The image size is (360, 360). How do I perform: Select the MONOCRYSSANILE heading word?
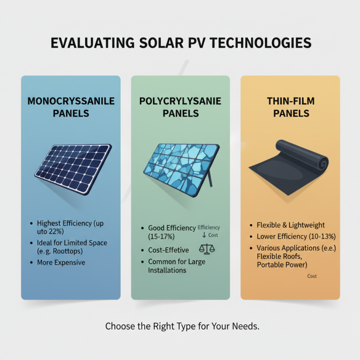(x=71, y=100)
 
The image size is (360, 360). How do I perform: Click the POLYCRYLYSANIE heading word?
(x=180, y=100)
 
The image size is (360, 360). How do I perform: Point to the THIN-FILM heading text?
(x=291, y=100)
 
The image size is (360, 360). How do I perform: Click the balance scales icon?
(x=207, y=249)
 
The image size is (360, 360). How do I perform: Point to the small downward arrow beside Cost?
(x=204, y=235)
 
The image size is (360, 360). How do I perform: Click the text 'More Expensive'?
(x=61, y=262)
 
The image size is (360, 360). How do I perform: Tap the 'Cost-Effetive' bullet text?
(x=168, y=250)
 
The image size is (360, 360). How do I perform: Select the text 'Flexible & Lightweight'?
(x=290, y=225)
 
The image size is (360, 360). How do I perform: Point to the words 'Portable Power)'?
(x=281, y=265)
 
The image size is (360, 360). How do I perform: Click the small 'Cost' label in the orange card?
(x=312, y=276)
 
